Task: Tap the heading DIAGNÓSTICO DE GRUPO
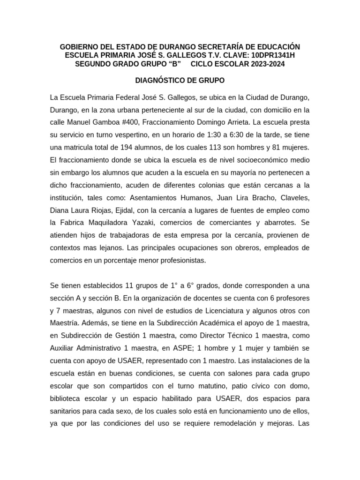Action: pyautogui.click(x=180, y=80)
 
